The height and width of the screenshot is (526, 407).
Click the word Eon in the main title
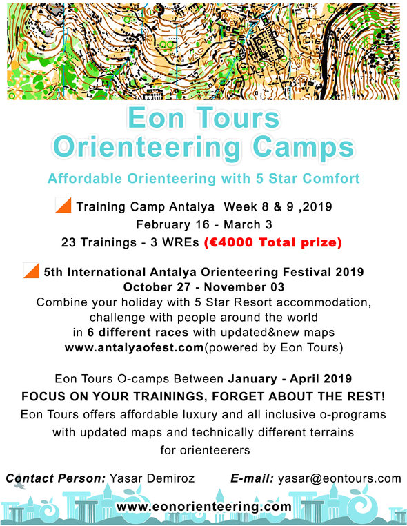(156, 118)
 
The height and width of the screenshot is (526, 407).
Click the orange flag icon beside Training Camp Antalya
(63, 205)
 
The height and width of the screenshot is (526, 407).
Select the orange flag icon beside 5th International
(32, 271)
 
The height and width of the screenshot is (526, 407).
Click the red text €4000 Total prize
(273, 242)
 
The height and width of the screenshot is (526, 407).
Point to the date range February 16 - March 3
(203, 224)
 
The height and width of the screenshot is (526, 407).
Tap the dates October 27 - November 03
(203, 287)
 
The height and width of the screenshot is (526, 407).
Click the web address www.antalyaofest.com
(134, 347)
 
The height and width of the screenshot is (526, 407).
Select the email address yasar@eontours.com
(339, 478)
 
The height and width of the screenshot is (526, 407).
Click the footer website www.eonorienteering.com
(203, 506)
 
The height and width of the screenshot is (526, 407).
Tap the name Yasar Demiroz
(152, 478)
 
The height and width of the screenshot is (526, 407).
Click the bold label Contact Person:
(56, 478)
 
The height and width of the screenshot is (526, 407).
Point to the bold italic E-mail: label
(252, 478)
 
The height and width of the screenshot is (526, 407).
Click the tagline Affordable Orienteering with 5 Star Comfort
(203, 179)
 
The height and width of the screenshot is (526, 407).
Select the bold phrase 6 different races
(138, 333)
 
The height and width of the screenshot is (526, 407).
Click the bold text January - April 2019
(290, 379)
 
